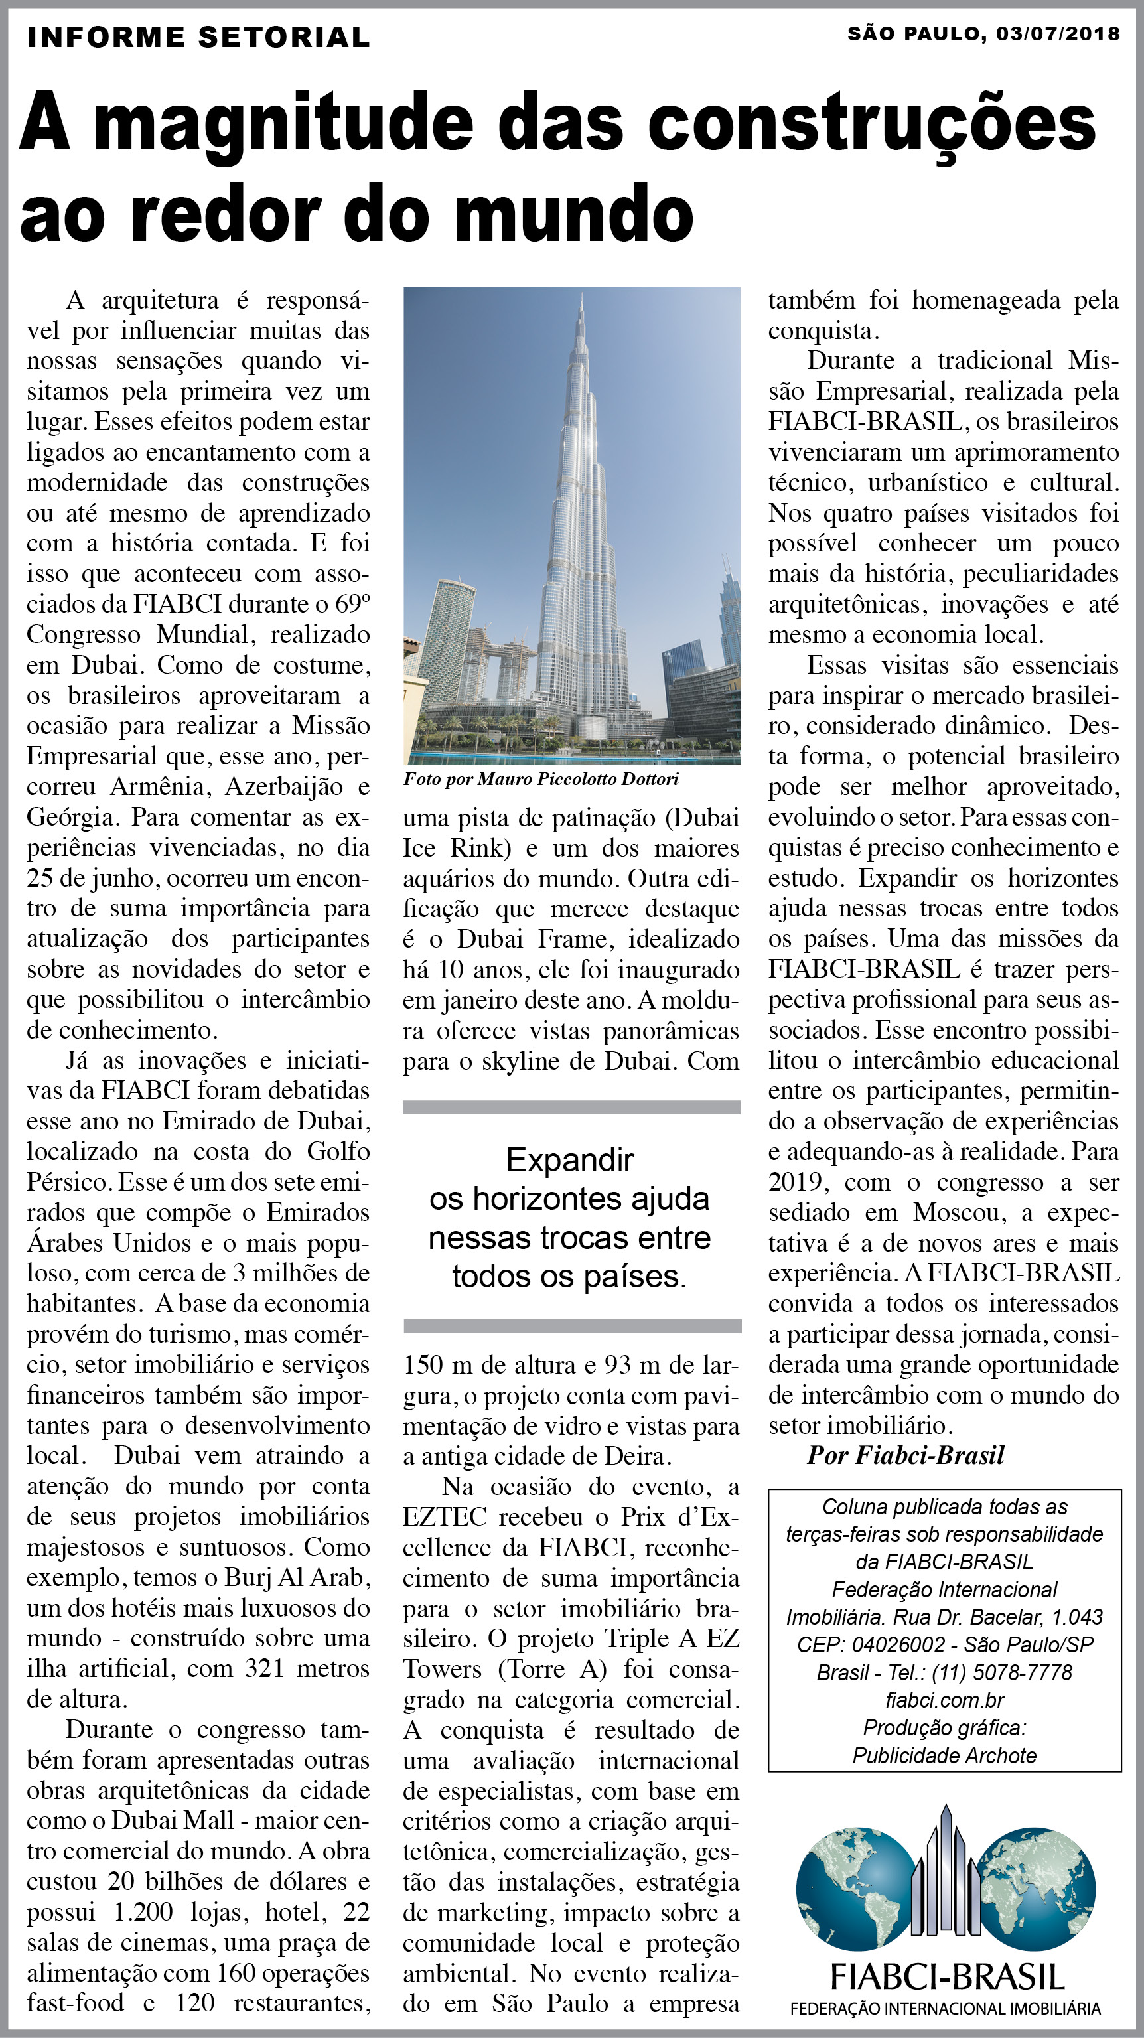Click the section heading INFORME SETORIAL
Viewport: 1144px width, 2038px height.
198,37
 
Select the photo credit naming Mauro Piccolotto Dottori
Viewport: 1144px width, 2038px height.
541,779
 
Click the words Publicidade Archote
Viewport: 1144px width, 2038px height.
944,1757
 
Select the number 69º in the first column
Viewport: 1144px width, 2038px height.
353,605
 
